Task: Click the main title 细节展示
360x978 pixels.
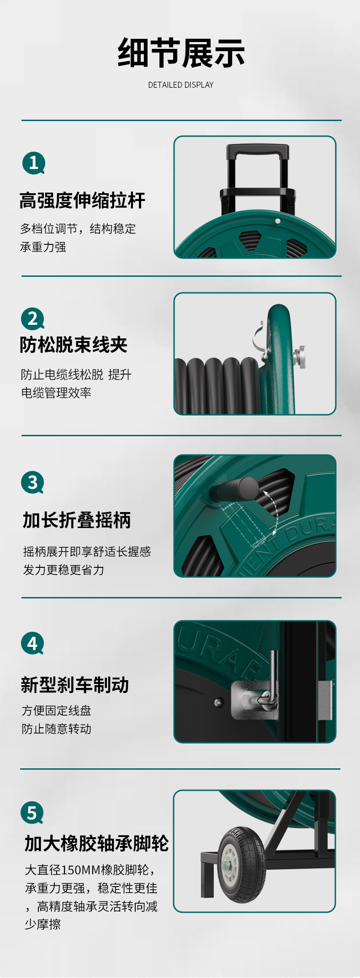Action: click(x=181, y=53)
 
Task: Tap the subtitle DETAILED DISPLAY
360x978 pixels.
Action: click(x=181, y=85)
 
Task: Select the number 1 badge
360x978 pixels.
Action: click(x=34, y=163)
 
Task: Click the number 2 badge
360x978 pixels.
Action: click(x=33, y=318)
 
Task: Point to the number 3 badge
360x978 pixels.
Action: click(x=33, y=482)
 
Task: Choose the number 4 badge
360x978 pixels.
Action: click(x=32, y=643)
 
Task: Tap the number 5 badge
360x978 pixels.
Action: click(x=32, y=813)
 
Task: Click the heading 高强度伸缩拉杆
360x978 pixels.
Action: click(x=83, y=201)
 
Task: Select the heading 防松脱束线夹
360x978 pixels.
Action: click(x=74, y=345)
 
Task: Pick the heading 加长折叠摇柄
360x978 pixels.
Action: click(x=77, y=520)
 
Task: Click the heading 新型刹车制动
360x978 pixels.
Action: click(x=75, y=685)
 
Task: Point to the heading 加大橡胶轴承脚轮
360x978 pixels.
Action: click(x=97, y=844)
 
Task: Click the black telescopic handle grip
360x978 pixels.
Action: click(x=258, y=151)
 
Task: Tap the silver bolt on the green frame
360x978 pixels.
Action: click(x=300, y=356)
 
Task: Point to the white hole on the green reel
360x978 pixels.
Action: click(x=278, y=221)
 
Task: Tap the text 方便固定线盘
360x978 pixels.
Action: click(x=56, y=711)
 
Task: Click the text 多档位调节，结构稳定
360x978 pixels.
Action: click(x=78, y=229)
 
